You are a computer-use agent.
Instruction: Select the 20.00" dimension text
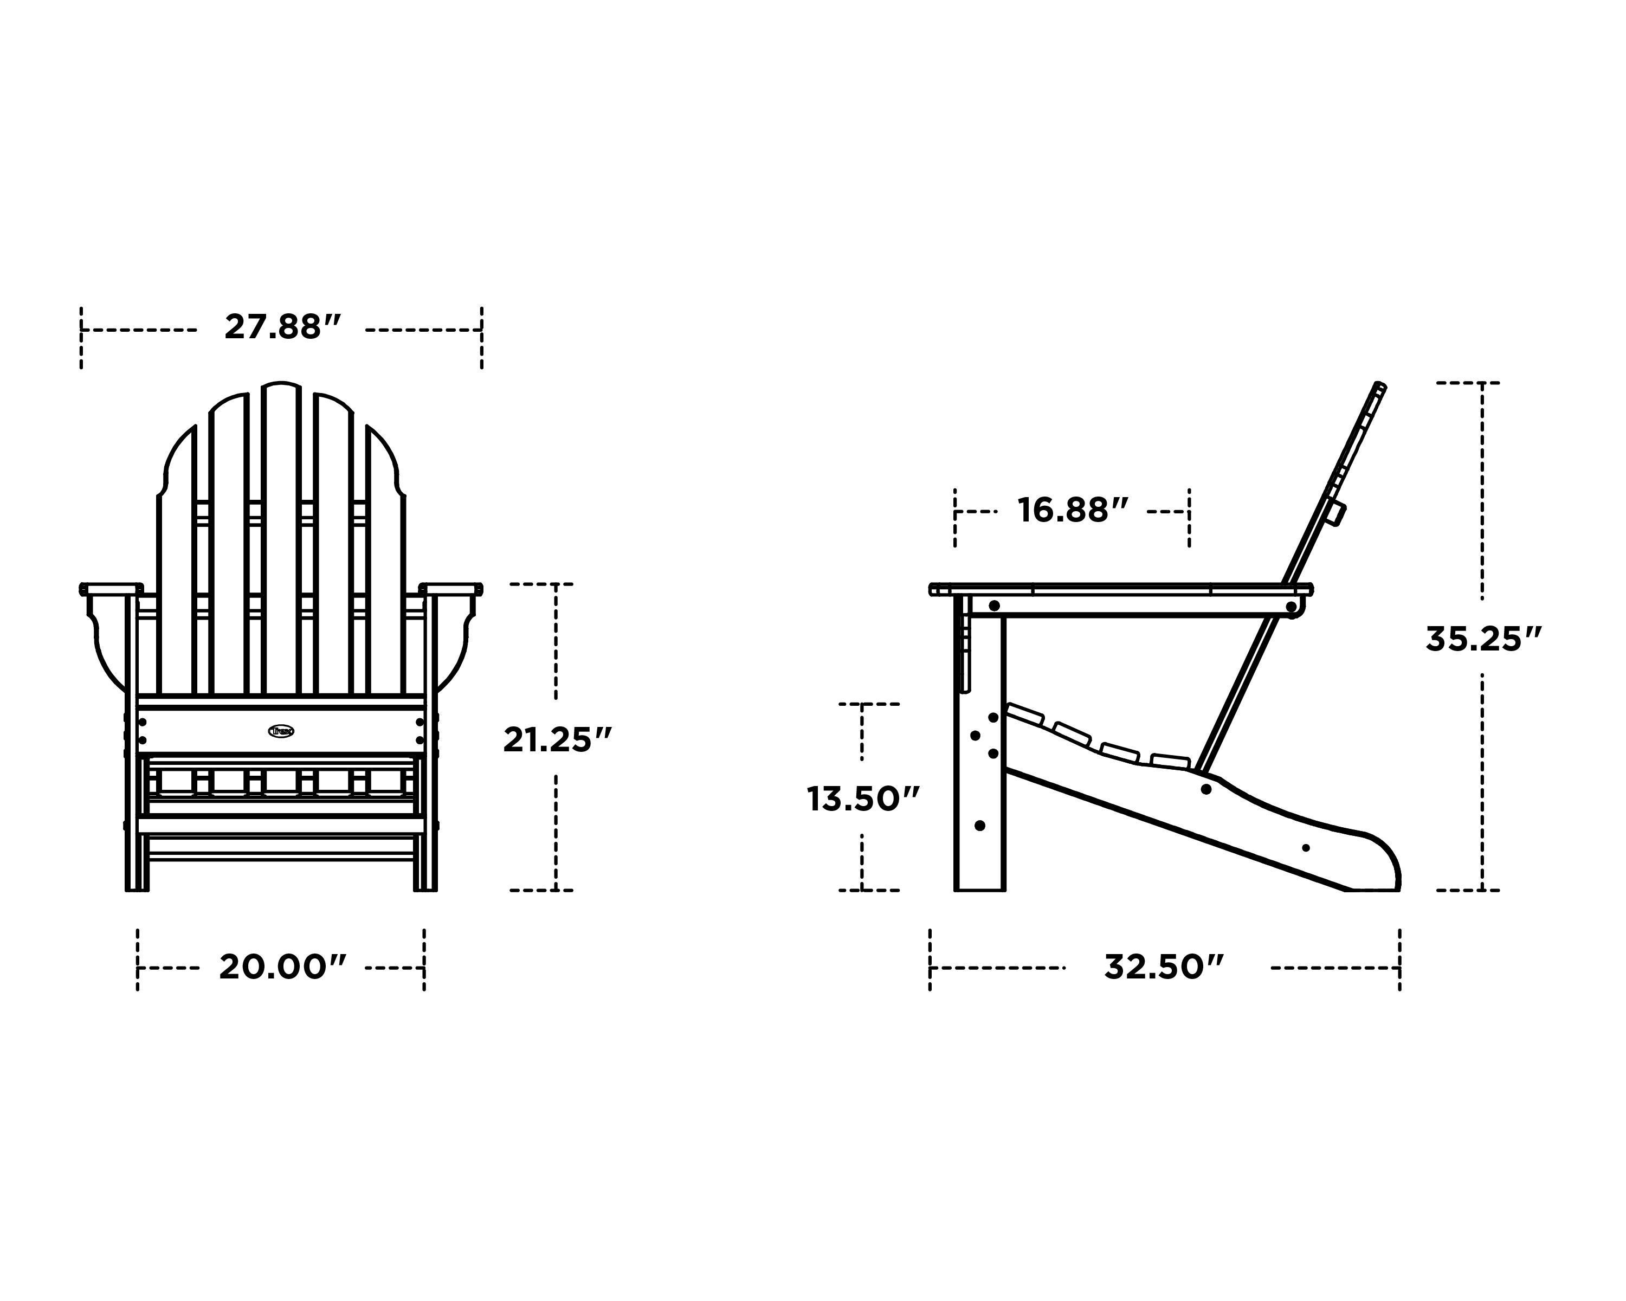point(283,967)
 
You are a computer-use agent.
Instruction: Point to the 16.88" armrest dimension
point(1073,511)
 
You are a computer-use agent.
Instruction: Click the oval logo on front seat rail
point(281,731)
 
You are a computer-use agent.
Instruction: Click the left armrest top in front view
point(112,588)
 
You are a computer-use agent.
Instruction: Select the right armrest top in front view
point(451,588)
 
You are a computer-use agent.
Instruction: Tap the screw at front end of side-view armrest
point(994,606)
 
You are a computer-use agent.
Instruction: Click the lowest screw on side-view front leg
point(980,825)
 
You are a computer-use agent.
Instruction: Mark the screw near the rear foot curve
point(1306,848)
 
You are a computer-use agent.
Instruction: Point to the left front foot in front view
point(137,883)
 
